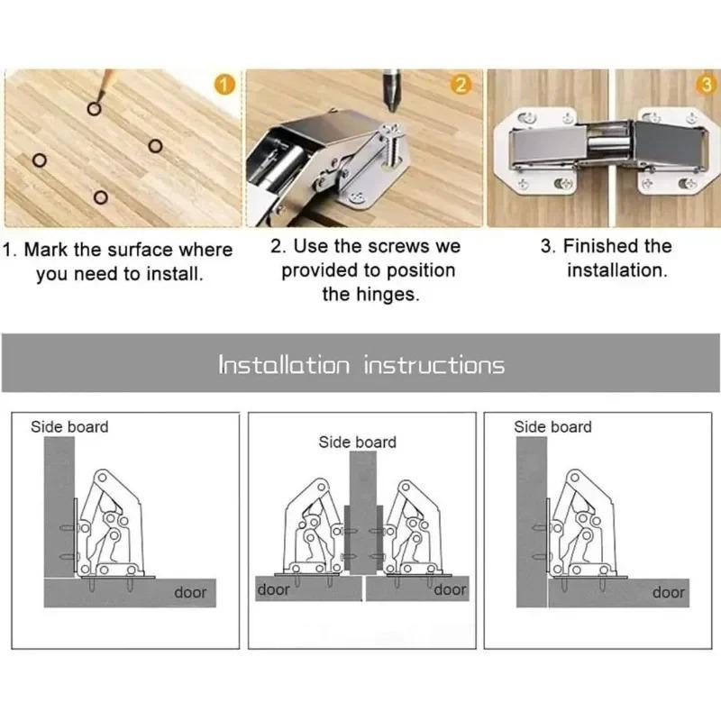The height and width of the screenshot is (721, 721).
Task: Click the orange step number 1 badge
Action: tap(225, 87)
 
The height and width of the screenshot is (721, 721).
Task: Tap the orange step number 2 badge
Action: tap(461, 86)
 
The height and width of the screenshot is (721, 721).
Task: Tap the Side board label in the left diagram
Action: tap(69, 426)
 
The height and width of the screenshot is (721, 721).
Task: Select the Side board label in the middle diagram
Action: tap(357, 442)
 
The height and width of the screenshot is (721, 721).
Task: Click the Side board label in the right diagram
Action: tap(552, 426)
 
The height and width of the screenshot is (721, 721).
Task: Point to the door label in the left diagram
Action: tap(190, 592)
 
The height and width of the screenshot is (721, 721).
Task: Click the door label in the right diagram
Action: tap(669, 592)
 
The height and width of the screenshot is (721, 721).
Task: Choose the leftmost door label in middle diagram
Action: tap(274, 589)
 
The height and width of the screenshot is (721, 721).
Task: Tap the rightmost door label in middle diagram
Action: tap(450, 589)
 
